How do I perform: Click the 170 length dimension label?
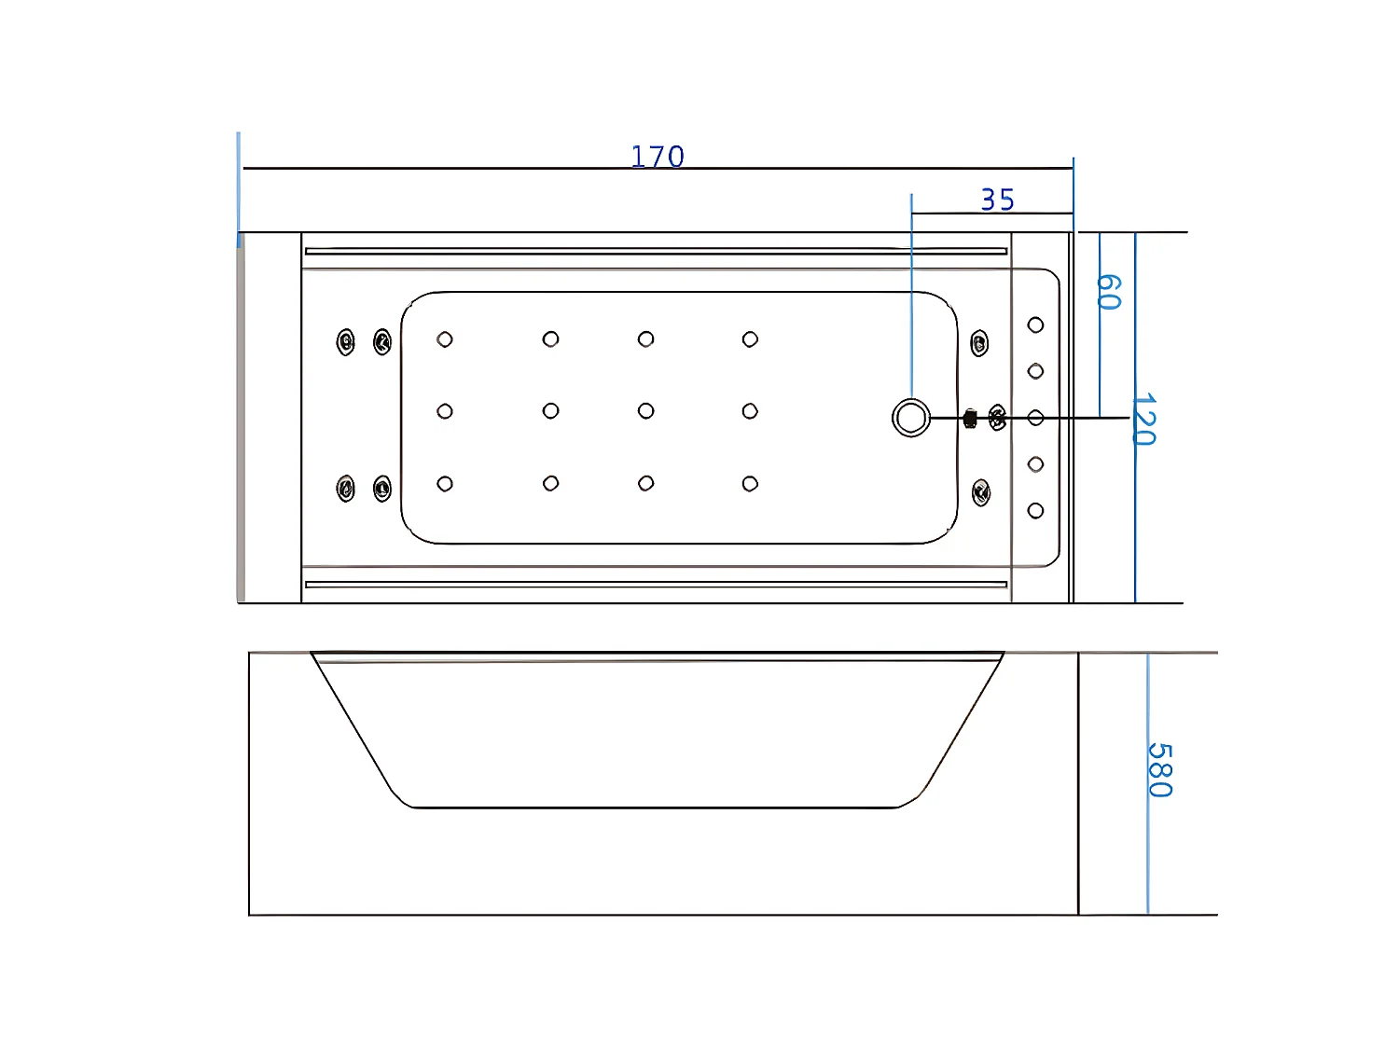coord(658,157)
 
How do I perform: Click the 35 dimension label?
coord(997,200)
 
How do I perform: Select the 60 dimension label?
coord(1107,292)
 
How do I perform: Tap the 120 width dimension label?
coord(1144,420)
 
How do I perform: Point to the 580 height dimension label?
coord(1158,770)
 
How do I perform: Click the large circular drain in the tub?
coord(911,418)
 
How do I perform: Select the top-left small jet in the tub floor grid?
coord(445,339)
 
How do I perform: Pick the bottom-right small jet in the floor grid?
coord(750,484)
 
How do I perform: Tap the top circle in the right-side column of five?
coord(1035,325)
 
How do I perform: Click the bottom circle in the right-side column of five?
coord(1035,511)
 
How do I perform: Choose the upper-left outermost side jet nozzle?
coord(346,342)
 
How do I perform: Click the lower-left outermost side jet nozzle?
coord(346,489)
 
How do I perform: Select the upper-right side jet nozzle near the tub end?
coord(979,343)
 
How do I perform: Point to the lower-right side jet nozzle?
coord(981,492)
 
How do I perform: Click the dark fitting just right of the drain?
coord(970,419)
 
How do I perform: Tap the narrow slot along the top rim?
coord(656,251)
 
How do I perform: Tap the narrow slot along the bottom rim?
coord(656,585)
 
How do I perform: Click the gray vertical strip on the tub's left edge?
coord(241,420)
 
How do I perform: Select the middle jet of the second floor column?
coord(550,411)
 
